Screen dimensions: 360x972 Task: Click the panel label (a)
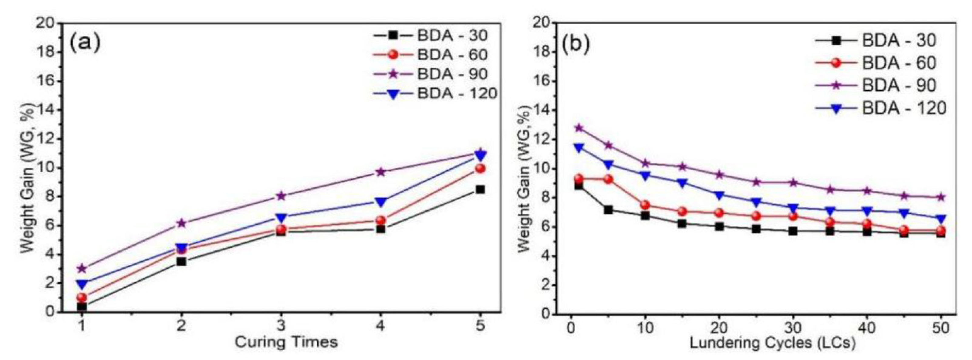pyautogui.click(x=85, y=43)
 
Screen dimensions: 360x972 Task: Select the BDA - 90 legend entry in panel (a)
pyautogui.click(x=452, y=74)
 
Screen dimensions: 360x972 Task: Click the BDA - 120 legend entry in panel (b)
pyautogui.click(x=904, y=109)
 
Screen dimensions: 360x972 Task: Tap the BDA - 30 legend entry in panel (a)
pyautogui.click(x=452, y=36)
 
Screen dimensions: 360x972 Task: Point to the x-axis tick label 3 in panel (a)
pyautogui.click(x=281, y=326)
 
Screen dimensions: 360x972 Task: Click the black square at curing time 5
pyautogui.click(x=480, y=189)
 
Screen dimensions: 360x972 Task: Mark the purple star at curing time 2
pyautogui.click(x=181, y=223)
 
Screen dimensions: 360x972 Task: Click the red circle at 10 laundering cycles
pyautogui.click(x=645, y=205)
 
